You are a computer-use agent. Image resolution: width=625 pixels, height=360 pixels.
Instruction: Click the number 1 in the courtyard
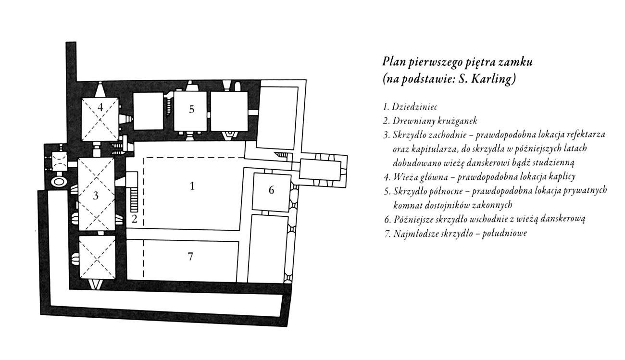point(192,186)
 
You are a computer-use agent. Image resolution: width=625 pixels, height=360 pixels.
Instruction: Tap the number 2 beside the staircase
point(135,219)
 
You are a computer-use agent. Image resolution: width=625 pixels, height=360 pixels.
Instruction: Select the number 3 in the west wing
point(96,196)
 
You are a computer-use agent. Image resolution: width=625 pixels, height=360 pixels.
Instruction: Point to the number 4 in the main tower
point(100,107)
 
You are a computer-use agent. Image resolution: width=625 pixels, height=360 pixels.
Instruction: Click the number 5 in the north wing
point(191,109)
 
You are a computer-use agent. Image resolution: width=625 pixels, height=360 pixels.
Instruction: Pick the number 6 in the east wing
point(271,190)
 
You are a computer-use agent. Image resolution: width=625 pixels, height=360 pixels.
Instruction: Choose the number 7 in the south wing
point(190,256)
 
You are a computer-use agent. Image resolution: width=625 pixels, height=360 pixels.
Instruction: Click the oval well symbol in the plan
point(59,182)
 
